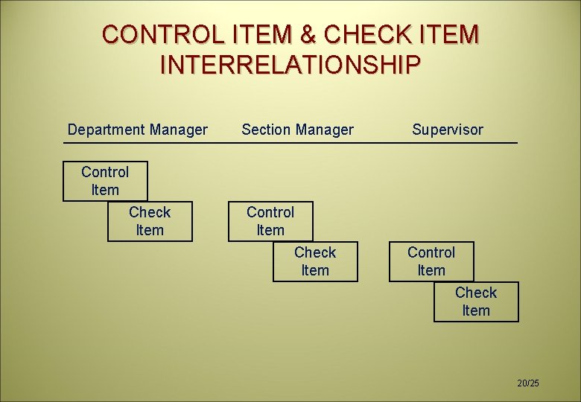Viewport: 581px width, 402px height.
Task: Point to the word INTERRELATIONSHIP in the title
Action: click(x=290, y=65)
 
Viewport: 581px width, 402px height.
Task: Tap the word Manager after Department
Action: click(x=178, y=130)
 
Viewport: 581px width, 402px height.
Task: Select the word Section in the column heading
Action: click(x=264, y=130)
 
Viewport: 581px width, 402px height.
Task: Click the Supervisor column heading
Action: click(x=448, y=130)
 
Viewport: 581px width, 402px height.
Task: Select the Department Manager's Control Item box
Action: click(x=105, y=181)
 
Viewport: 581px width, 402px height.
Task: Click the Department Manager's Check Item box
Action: click(x=150, y=221)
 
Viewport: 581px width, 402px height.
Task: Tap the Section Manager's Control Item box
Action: click(x=270, y=221)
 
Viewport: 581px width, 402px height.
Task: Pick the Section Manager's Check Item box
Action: click(x=315, y=261)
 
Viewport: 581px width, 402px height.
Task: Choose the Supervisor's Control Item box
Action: click(x=431, y=261)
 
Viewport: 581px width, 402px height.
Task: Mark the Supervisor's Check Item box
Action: click(x=476, y=301)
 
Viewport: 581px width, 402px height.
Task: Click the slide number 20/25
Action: click(x=528, y=383)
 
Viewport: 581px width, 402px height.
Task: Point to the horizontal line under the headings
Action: click(x=290, y=143)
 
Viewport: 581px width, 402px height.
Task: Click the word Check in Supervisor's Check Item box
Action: click(x=476, y=293)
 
